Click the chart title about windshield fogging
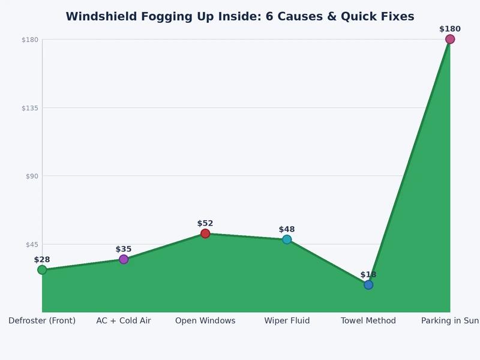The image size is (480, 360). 240,16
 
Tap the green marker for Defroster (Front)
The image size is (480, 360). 42,270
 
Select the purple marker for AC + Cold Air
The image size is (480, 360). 124,259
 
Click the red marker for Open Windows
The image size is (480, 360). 205,233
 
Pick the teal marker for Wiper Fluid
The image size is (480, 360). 287,239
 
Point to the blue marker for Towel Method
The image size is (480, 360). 368,285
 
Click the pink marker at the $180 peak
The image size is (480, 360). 450,40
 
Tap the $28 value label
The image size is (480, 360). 42,260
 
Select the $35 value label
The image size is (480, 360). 124,249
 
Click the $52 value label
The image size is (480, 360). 205,223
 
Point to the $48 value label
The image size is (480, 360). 287,229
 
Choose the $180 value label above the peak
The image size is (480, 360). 450,29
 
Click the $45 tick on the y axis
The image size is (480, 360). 30,244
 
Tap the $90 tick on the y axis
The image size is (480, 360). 30,176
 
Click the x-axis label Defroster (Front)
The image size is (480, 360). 42,321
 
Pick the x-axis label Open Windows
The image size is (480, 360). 205,321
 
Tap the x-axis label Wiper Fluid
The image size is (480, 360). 287,321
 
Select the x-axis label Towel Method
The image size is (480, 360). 368,321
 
